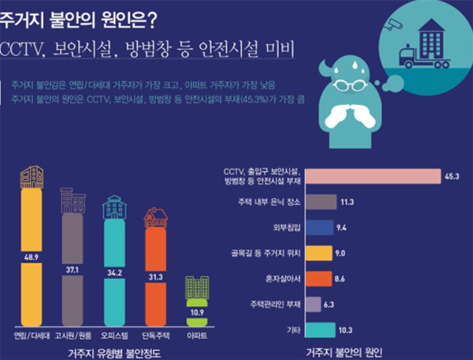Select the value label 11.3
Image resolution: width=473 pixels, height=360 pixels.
[x=347, y=202]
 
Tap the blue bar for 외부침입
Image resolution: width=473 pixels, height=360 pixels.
[x=320, y=227]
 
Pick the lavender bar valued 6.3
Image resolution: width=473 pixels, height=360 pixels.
[x=314, y=304]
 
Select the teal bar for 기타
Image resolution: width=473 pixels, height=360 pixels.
[x=321, y=329]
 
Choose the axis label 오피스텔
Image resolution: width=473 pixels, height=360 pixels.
[x=114, y=335]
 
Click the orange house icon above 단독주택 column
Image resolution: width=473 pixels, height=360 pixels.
[x=156, y=218]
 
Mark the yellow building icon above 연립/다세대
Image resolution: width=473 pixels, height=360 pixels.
[x=32, y=177]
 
